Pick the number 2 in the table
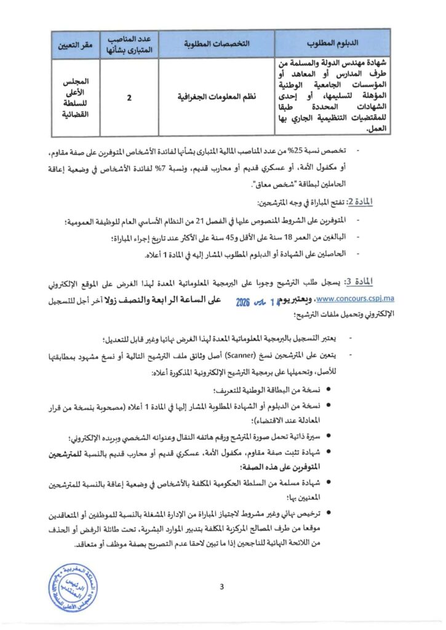[x=130, y=97]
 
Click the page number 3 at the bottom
[x=221, y=586]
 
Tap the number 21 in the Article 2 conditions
[x=210, y=220]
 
